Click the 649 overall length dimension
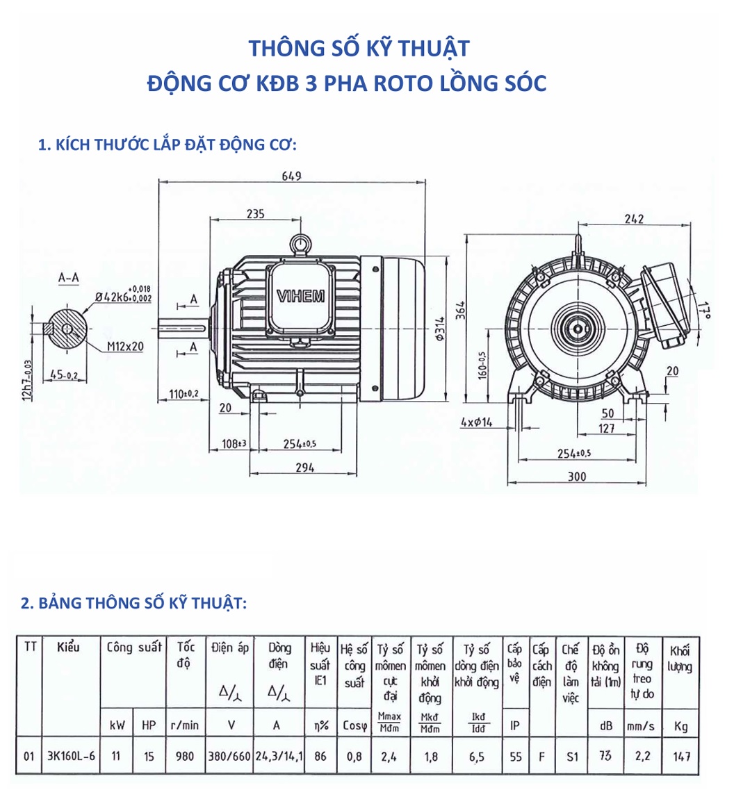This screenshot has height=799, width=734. click(291, 176)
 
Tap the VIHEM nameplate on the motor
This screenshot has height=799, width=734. click(300, 297)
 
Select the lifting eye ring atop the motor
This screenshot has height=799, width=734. click(300, 244)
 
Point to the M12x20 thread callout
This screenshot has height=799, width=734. click(126, 346)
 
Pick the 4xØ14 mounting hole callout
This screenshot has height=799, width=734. click(476, 422)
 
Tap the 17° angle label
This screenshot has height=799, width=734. click(706, 311)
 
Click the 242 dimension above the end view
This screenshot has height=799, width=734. click(634, 219)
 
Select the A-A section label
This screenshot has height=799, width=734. click(68, 278)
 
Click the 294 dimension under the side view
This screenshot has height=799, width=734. click(304, 468)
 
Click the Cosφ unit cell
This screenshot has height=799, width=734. click(354, 726)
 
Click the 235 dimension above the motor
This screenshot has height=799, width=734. click(255, 214)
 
